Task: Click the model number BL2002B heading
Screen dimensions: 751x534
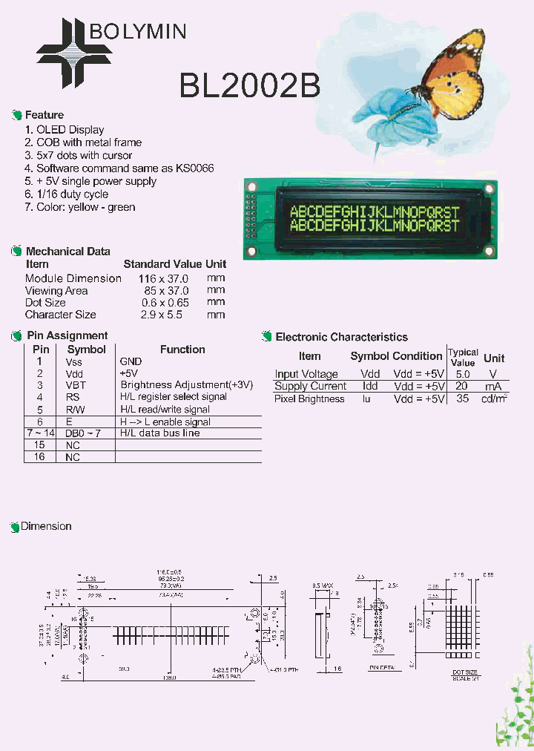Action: tap(249, 87)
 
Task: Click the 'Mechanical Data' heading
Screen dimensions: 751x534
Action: tap(68, 252)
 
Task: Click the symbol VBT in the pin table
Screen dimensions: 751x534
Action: tap(76, 385)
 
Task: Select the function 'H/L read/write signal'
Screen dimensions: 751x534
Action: tap(165, 409)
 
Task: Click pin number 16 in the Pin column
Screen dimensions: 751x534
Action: tap(39, 457)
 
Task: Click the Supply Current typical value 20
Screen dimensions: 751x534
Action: tap(462, 387)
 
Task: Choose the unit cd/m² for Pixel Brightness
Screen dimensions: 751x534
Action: tap(494, 399)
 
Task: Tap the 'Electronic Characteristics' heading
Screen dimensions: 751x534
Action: tap(341, 337)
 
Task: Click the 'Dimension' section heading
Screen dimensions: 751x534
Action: tap(46, 526)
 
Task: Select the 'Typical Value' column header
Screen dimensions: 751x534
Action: tap(463, 357)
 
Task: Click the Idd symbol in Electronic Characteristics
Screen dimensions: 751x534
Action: tap(369, 387)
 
